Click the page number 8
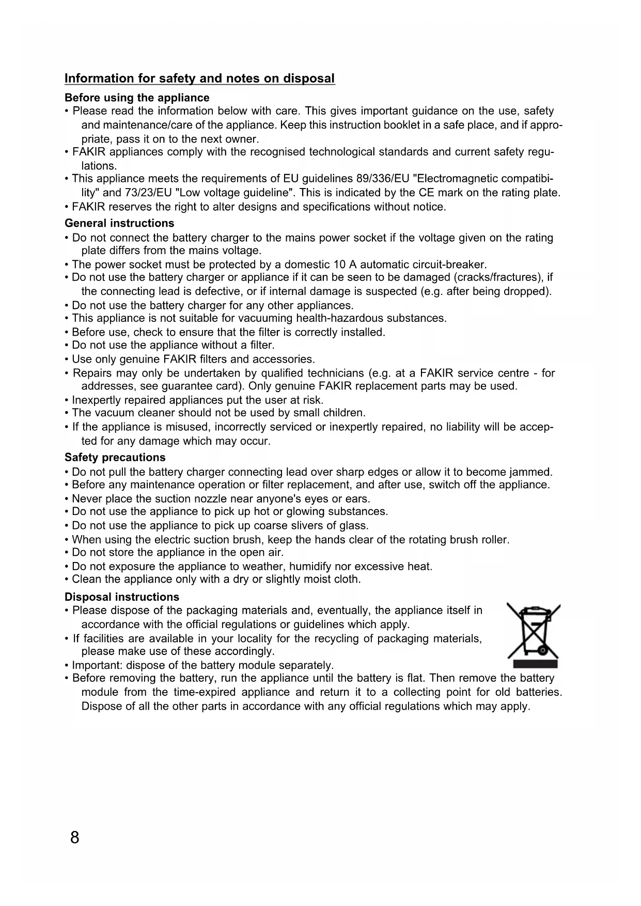75,837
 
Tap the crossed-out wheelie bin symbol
534,635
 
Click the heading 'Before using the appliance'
137,98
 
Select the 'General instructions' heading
119,223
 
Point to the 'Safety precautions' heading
115,457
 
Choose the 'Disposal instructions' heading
122,597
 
